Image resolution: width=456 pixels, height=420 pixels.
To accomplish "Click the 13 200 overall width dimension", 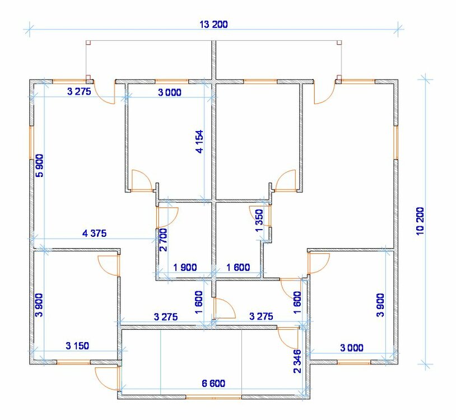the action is (214, 25).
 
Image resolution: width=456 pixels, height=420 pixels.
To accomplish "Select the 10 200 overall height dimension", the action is (420, 221).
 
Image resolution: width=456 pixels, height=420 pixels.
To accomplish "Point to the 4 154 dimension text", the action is (200, 142).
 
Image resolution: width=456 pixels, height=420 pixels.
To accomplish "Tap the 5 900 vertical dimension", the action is (39, 165).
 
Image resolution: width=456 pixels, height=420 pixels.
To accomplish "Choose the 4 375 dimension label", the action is (95, 233).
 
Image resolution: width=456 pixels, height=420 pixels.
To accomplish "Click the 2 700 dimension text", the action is (163, 240).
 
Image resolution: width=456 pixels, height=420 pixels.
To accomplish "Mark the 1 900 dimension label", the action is (185, 267).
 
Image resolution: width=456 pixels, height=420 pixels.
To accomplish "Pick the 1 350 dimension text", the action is (259, 220).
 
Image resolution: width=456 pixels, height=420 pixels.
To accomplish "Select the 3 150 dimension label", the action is (77, 346).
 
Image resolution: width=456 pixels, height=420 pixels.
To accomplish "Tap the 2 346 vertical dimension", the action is (297, 361).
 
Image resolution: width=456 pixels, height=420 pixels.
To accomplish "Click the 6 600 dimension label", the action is (213, 384).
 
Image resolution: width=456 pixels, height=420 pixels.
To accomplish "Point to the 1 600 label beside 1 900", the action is (238, 267).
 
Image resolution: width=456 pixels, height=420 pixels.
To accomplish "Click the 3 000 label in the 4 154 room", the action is (170, 92).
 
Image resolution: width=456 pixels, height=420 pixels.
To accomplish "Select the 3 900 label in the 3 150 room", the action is (39, 305).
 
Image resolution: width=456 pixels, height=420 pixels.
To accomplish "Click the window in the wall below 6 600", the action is (213, 396).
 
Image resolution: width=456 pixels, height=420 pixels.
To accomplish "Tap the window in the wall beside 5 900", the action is (32, 142).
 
